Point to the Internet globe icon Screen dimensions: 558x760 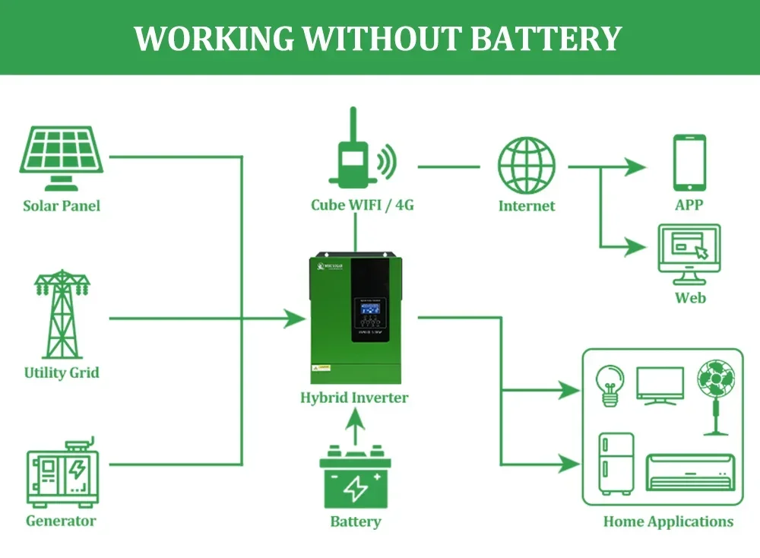point(527,165)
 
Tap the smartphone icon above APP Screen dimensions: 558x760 point(689,163)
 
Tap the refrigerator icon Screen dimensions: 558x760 point(616,464)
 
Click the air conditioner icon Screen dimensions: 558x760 point(689,471)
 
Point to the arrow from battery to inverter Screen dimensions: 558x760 point(354,430)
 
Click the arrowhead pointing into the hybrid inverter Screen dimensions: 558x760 point(295,319)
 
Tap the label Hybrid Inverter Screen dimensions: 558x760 point(354,398)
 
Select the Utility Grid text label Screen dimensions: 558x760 point(62,373)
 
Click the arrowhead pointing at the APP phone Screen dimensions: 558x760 point(635,166)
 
